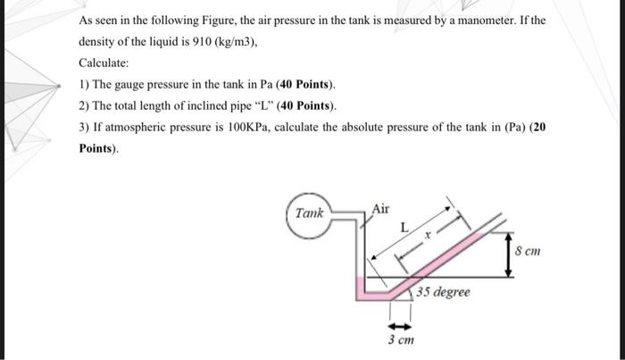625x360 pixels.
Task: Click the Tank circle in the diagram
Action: coord(311,214)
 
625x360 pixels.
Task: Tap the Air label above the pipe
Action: coord(380,209)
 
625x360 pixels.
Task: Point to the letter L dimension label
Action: coord(404,229)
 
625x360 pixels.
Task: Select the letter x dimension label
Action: coord(428,237)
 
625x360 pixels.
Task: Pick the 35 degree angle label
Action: coord(444,292)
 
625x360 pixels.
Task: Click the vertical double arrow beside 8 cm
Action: coord(508,253)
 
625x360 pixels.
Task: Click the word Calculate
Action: coord(104,64)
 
